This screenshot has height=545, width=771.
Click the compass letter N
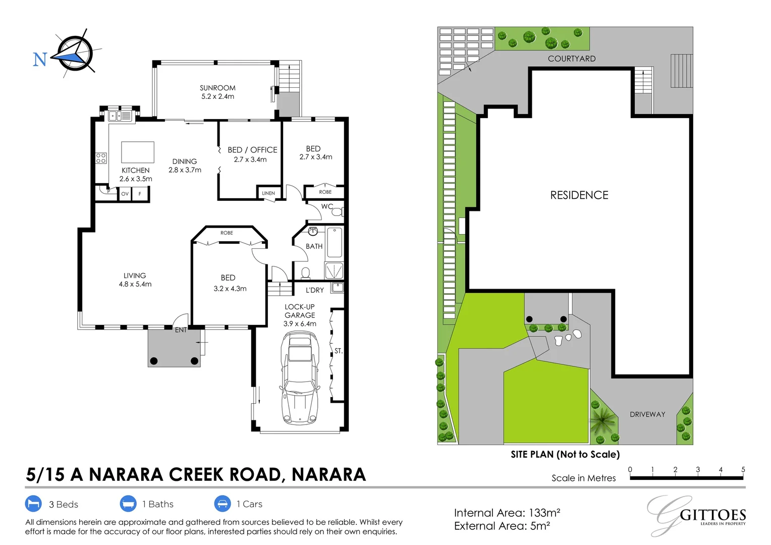(x=40, y=60)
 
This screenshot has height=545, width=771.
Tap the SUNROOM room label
(x=217, y=88)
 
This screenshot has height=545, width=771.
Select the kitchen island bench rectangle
(x=137, y=152)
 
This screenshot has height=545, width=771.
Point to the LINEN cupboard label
(x=268, y=193)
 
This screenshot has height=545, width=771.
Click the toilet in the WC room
(x=337, y=212)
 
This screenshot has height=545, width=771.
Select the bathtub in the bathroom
(x=335, y=242)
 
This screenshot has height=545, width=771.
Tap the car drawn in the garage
(x=300, y=378)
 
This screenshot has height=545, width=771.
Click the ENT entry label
(x=181, y=330)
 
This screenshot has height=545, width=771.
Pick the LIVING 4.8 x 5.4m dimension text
(x=135, y=284)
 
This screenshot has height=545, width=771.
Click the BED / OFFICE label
(x=252, y=150)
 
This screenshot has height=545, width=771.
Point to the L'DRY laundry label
(x=315, y=290)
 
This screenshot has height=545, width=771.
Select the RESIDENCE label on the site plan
(x=579, y=195)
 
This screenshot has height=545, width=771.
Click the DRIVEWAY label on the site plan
(x=647, y=414)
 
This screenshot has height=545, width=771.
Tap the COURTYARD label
(x=572, y=59)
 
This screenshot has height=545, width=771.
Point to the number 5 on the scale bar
(x=743, y=469)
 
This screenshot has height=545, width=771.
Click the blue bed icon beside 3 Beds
(x=33, y=504)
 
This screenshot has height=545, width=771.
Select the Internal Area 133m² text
(x=507, y=513)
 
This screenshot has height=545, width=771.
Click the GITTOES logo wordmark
(x=712, y=515)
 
